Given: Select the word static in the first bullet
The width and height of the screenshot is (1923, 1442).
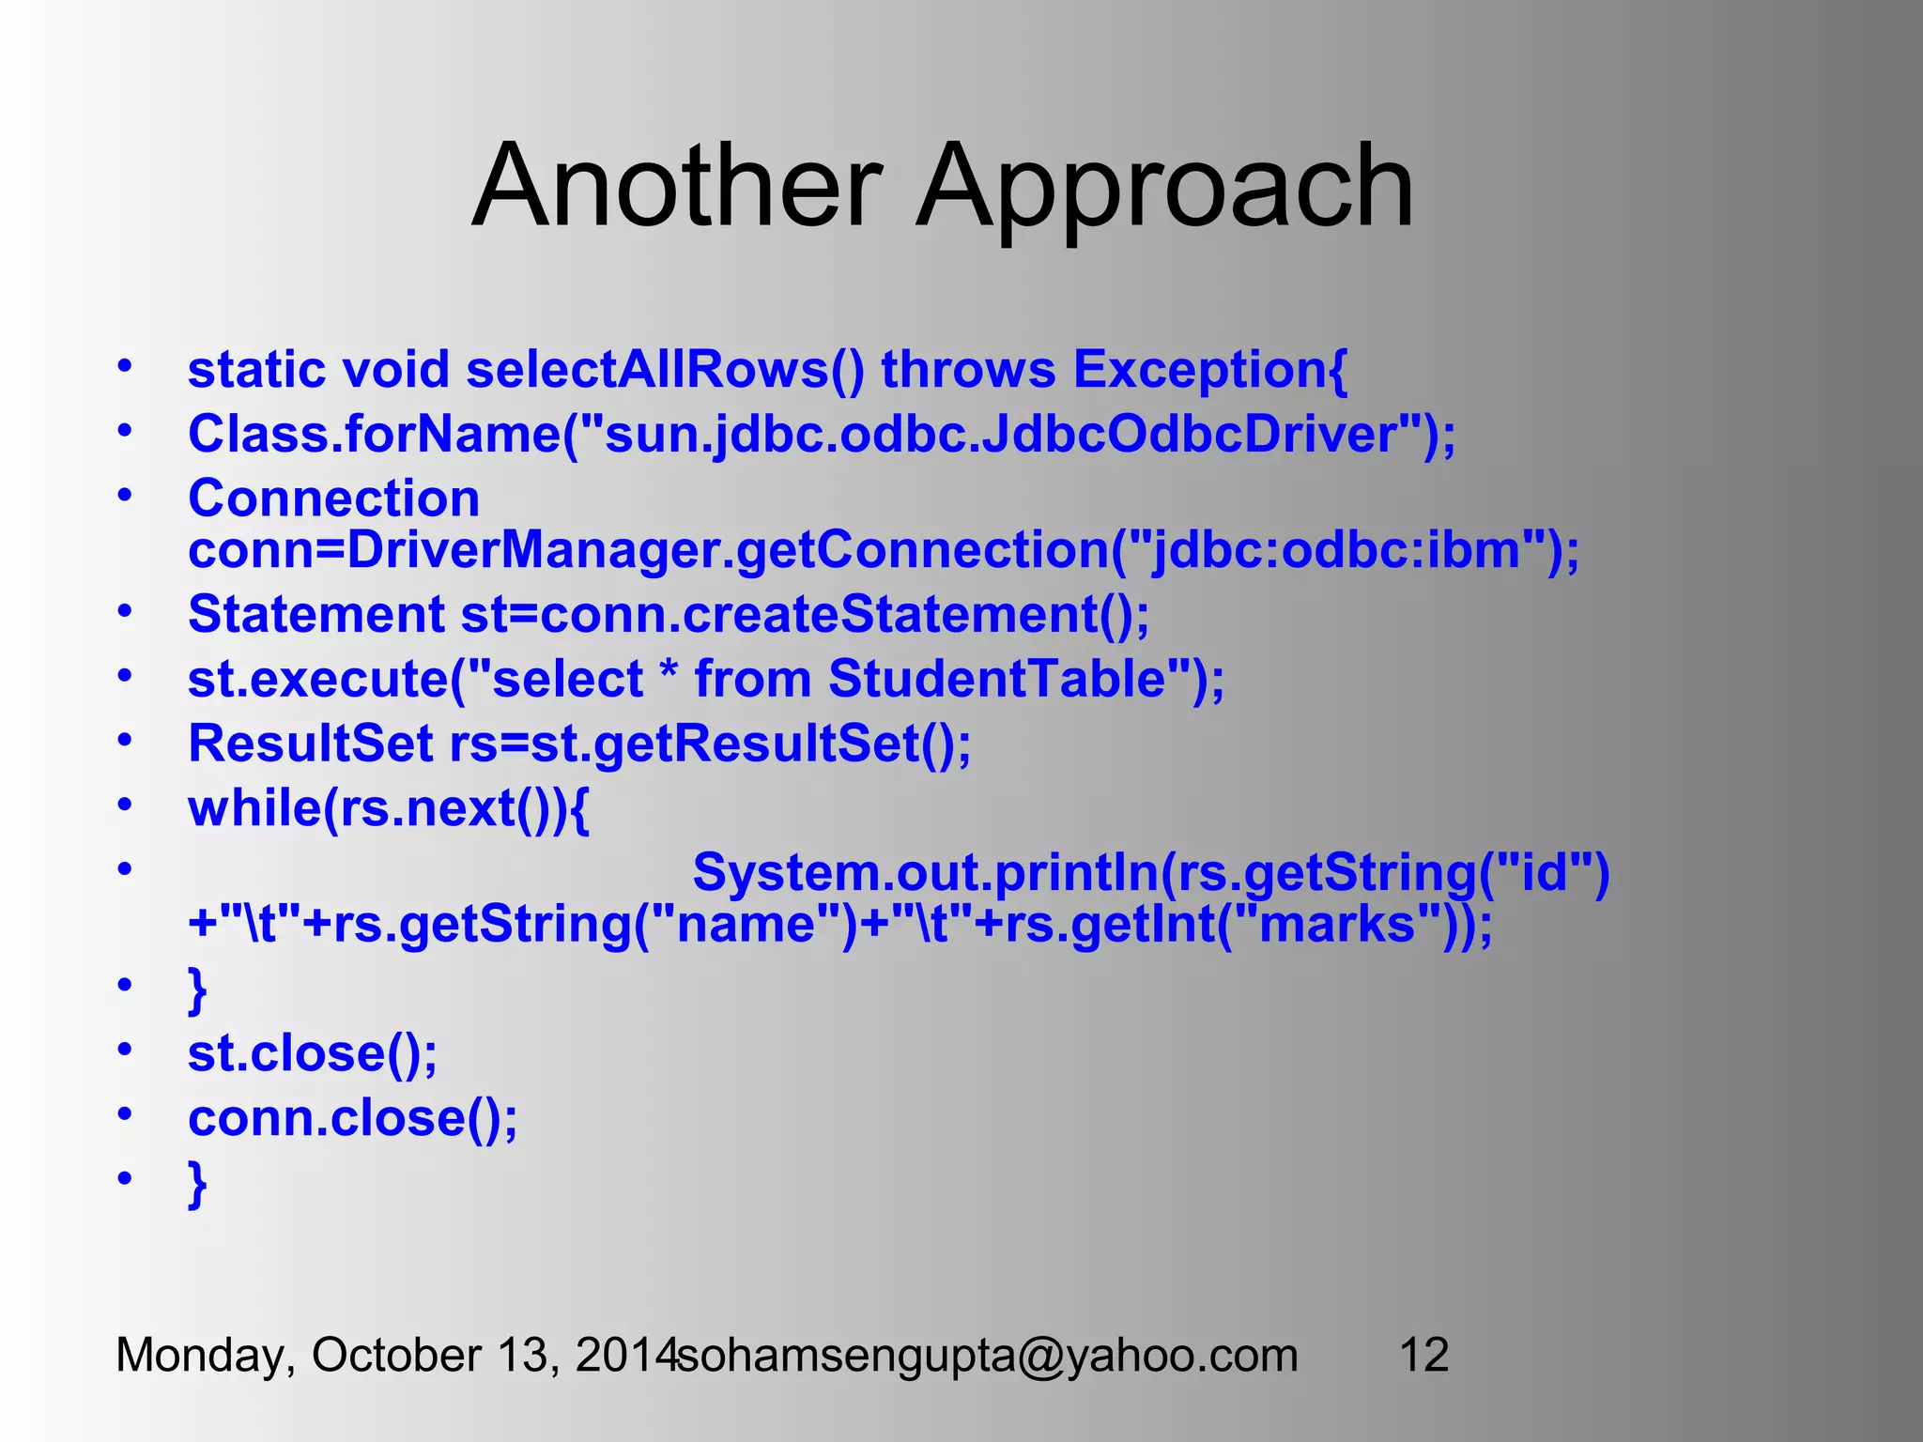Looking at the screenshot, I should [256, 369].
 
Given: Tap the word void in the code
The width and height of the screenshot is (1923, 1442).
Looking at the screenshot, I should [395, 369].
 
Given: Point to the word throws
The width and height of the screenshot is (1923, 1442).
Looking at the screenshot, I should [968, 369].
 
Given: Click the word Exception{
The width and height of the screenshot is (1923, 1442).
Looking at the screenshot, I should [1210, 371].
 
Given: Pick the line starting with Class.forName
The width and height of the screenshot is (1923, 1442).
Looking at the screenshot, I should [822, 435].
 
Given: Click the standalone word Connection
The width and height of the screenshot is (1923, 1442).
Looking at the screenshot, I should [333, 498].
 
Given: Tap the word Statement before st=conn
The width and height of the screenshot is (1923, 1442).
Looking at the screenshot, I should [315, 615].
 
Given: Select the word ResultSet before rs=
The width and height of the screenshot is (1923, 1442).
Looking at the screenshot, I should [310, 744].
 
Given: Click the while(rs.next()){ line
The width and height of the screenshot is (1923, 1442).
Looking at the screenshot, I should [389, 808].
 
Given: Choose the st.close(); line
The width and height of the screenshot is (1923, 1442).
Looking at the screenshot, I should [313, 1053].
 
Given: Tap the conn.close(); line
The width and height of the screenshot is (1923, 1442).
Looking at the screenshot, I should [352, 1118].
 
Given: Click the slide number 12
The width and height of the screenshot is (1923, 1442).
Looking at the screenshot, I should [1423, 1356].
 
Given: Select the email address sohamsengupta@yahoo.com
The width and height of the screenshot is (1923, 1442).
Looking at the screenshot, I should [988, 1356].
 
